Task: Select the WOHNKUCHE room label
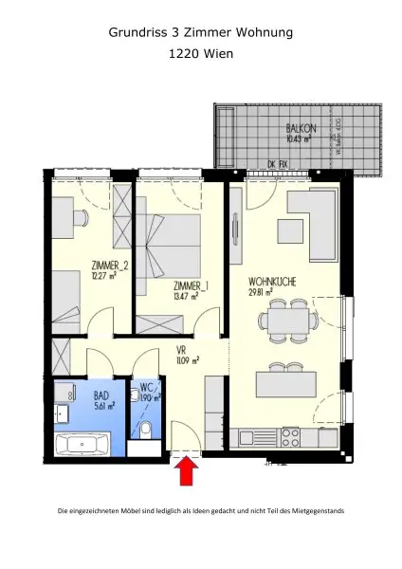click(274, 282)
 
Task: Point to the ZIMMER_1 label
click(192, 285)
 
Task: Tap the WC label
click(147, 388)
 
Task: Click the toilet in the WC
click(145, 431)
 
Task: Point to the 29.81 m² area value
click(261, 293)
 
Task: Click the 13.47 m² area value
click(186, 296)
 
